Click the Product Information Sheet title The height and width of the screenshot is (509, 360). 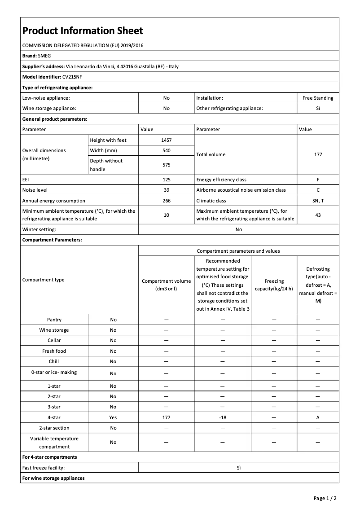[83, 31]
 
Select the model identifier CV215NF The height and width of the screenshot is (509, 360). [72, 77]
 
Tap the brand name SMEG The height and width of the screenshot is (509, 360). [44, 56]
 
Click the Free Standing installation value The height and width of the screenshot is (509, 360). [318, 98]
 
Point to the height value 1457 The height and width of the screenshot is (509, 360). [166, 140]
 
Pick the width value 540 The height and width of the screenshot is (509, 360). [166, 150]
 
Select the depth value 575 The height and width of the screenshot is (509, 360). [166, 165]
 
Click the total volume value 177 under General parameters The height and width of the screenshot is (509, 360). [318, 154]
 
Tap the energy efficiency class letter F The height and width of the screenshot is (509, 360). [318, 180]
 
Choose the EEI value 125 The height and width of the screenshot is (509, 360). [166, 180]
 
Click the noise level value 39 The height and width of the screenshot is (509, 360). [166, 190]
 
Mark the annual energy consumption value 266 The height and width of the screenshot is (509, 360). [166, 201]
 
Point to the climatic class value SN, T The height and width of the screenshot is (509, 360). [318, 201]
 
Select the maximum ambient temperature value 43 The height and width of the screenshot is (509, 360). [318, 215]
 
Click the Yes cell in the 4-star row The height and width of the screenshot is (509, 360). [113, 417]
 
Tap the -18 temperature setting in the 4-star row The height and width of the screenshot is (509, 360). [223, 417]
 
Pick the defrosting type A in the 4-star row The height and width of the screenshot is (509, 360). [318, 417]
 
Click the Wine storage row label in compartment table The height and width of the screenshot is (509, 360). [54, 330]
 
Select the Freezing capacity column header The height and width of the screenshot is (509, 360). [274, 285]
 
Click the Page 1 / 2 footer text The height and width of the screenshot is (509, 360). [325, 498]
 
